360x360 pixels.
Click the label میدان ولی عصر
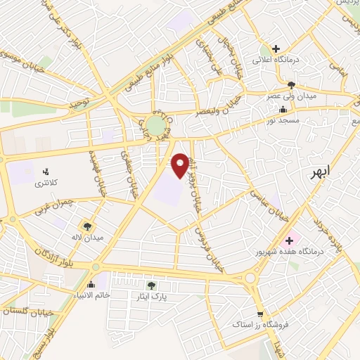pos(291,94)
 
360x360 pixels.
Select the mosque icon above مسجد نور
pos(283,109)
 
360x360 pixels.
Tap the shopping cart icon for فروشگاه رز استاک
pos(260,314)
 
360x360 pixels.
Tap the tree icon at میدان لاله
pos(87,226)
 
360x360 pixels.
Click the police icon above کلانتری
pos(46,171)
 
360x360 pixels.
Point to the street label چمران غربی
pos(52,205)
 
